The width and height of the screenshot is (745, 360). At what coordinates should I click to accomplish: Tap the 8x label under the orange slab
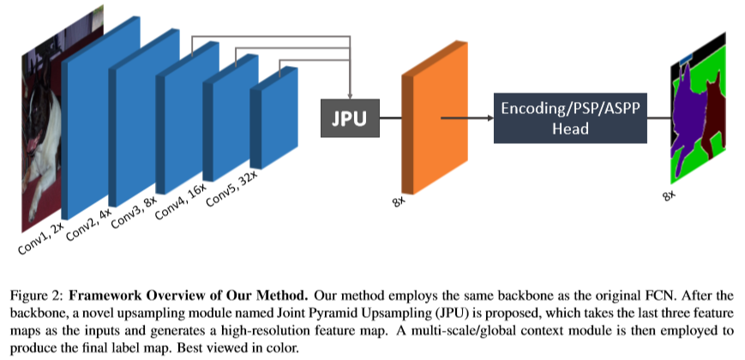[x=400, y=205]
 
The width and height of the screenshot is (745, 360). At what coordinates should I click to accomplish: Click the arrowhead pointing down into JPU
[x=349, y=93]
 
